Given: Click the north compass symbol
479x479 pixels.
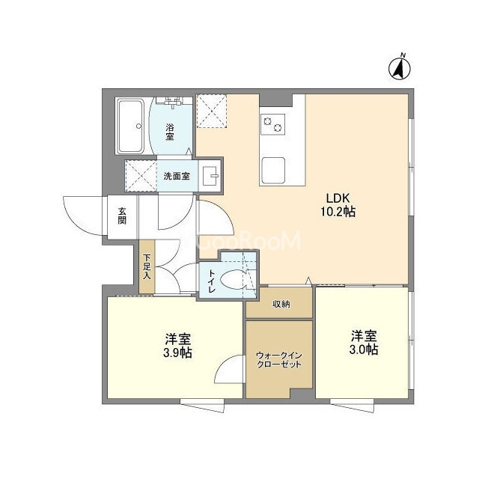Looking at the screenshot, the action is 399,68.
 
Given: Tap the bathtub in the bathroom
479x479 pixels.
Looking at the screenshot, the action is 131,126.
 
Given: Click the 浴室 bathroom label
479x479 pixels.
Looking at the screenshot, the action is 170,132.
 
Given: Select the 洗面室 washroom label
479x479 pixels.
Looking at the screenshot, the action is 177,176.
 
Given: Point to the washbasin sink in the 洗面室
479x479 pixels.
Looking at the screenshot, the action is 210,176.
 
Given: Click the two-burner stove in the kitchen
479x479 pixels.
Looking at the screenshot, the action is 272,124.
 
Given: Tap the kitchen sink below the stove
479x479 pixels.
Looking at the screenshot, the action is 272,170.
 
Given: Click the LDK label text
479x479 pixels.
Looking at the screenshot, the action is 338,198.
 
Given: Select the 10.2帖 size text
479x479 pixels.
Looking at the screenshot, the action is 338,211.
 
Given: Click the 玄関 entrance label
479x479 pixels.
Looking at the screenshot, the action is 122,216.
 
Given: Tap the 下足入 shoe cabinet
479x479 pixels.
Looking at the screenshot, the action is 147,266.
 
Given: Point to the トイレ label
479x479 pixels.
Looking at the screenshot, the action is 211,281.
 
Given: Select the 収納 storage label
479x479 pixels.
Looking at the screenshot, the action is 281,305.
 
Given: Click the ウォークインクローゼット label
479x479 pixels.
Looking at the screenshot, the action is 279,360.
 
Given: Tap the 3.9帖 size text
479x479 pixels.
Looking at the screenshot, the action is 178,353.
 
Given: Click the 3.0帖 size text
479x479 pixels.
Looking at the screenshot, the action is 364,350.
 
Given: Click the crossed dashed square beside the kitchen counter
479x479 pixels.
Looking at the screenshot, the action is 211,111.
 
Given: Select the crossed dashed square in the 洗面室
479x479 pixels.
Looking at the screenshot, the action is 141,176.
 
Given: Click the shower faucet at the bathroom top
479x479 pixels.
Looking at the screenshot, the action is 173,103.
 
